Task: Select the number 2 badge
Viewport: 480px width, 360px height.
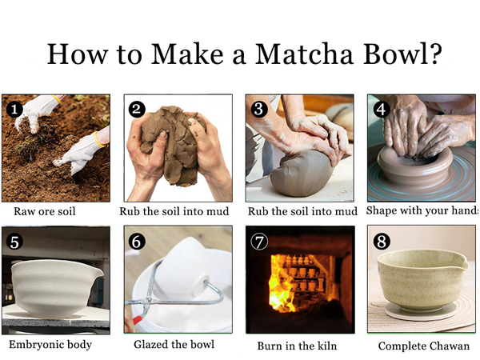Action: click(x=138, y=110)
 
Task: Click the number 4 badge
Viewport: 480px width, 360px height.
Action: click(x=381, y=109)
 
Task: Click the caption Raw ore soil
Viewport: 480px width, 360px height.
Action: click(x=46, y=212)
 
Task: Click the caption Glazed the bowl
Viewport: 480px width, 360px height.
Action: click(x=173, y=346)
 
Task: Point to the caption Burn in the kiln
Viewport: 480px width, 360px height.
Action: click(x=297, y=346)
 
